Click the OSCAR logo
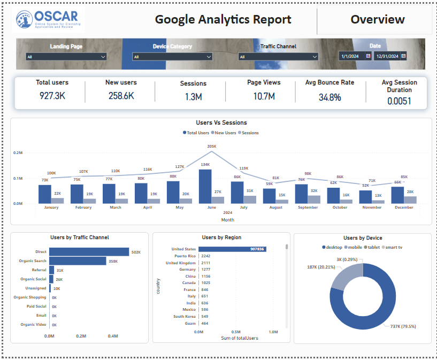48,20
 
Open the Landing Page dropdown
66,57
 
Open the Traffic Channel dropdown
278,57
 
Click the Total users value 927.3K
52,96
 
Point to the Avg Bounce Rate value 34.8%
329,97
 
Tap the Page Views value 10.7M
264,96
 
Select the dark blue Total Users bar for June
205,187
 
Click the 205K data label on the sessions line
211,147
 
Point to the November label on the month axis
372,208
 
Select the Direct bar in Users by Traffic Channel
89,251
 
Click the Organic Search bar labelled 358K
78,261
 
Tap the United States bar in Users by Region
232,249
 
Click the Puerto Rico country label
184,256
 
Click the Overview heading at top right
377,20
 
